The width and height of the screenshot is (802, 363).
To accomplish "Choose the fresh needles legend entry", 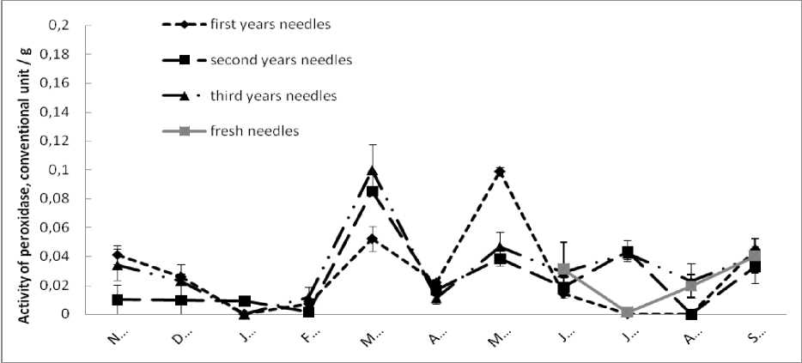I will pos(253,131).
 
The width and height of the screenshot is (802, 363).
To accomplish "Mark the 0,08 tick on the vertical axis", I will pos(80,199).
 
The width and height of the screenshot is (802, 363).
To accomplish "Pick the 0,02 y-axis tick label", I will pos(80,286).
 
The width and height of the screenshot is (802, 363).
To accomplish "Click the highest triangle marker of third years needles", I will pos(372,170).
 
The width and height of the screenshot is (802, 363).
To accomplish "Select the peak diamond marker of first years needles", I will pos(500,172).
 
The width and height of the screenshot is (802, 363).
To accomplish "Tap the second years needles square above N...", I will pos(117,299).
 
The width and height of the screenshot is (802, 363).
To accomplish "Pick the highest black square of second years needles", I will pos(372,191).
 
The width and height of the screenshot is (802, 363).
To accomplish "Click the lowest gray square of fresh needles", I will pos(628,312).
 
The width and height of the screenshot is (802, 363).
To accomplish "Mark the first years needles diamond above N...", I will pos(117,255).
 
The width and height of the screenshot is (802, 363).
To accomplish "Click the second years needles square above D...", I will pos(181,300).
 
